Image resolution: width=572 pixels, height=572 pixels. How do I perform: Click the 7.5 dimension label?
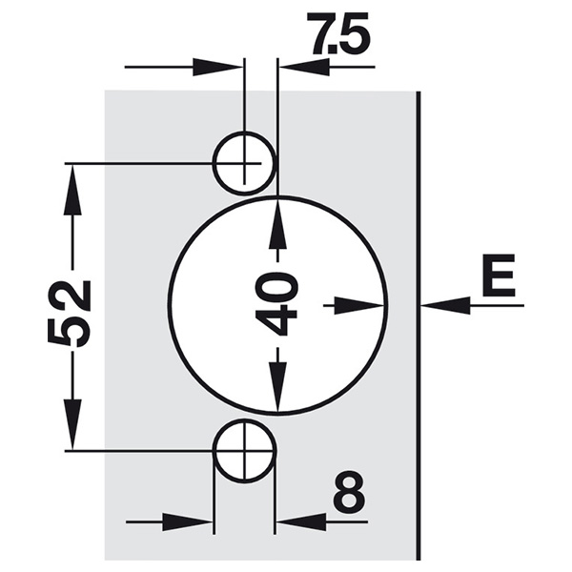click(x=340, y=34)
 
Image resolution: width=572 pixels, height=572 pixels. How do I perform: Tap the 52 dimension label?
click(x=69, y=311)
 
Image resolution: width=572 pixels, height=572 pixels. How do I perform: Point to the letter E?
click(x=499, y=275)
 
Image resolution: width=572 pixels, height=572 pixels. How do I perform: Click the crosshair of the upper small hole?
click(x=244, y=163)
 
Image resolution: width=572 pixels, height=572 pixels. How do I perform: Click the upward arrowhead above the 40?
click(x=278, y=222)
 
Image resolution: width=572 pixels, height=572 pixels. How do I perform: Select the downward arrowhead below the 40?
click(x=278, y=388)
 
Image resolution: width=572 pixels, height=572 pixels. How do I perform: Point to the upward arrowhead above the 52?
click(x=72, y=190)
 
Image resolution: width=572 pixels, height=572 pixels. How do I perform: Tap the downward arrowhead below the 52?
click(x=72, y=424)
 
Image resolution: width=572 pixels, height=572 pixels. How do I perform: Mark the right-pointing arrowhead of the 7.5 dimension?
click(x=217, y=67)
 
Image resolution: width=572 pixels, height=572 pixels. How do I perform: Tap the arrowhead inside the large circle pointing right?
click(x=358, y=305)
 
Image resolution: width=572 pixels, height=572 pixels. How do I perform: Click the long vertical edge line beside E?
click(x=419, y=325)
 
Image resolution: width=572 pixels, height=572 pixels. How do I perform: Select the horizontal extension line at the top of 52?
click(x=163, y=164)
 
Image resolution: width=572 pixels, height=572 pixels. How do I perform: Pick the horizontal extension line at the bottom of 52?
click(x=170, y=452)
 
